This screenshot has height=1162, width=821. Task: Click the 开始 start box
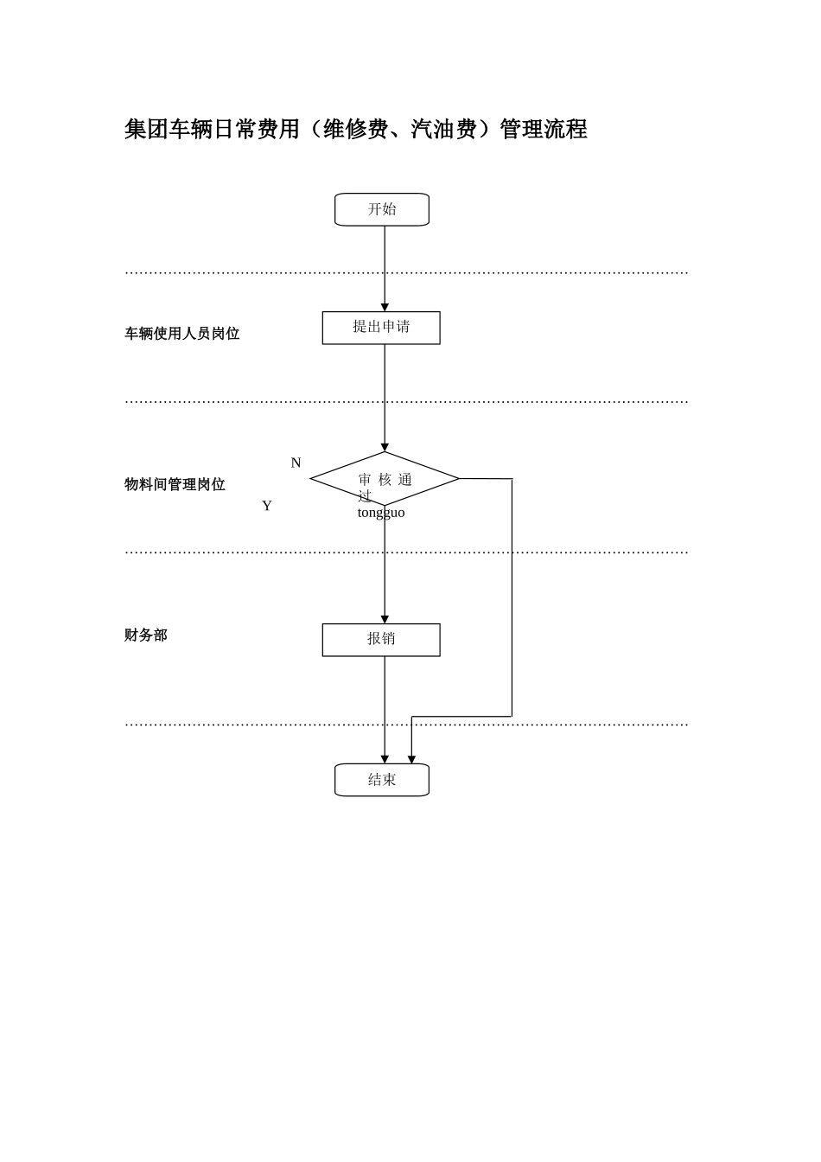(x=382, y=209)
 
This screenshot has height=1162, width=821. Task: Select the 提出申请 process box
(x=381, y=328)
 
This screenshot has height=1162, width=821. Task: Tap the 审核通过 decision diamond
(x=385, y=479)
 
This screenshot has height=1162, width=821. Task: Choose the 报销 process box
(x=381, y=640)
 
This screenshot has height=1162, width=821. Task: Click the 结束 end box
(x=382, y=780)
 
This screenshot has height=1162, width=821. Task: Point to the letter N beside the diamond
(x=296, y=463)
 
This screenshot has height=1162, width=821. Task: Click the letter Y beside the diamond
(x=267, y=506)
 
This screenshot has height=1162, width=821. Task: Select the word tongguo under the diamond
(x=381, y=513)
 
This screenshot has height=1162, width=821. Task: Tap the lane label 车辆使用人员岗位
(x=182, y=334)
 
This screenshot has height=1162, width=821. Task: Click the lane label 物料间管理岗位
(x=175, y=484)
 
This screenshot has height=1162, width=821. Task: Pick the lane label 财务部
(x=146, y=635)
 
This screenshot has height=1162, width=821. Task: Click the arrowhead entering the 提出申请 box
(x=385, y=307)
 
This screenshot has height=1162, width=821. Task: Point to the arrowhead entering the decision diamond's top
(x=385, y=447)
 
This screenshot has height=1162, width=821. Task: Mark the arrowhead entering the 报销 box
(x=385, y=619)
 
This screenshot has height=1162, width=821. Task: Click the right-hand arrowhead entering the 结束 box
(x=411, y=759)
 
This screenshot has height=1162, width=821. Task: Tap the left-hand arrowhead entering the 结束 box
(x=385, y=759)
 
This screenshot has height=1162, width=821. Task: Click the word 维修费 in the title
(x=355, y=130)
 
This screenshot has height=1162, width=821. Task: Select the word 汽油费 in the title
(x=443, y=130)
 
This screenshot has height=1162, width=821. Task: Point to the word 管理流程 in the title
(x=544, y=130)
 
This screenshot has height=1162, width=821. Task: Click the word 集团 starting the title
(x=146, y=130)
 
